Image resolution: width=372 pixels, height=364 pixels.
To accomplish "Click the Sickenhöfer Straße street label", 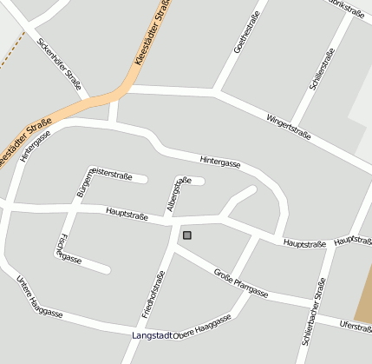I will pyautogui.click(x=60, y=63).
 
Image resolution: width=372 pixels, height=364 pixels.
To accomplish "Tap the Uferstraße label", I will pyautogui.click(x=356, y=327).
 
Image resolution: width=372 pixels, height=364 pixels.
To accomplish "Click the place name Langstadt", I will pyautogui.click(x=153, y=335).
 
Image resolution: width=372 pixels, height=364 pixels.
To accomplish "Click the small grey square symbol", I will pyautogui.click(x=186, y=235).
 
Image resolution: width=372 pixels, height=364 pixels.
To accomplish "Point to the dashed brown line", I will pyautogui.click(x=9, y=56).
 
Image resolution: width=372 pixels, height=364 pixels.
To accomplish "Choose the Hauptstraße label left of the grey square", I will pyautogui.click(x=127, y=211).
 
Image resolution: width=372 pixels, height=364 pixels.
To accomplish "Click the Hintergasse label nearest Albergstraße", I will pyautogui.click(x=219, y=161).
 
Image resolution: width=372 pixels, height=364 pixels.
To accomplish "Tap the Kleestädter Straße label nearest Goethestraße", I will pyautogui.click(x=150, y=35).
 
